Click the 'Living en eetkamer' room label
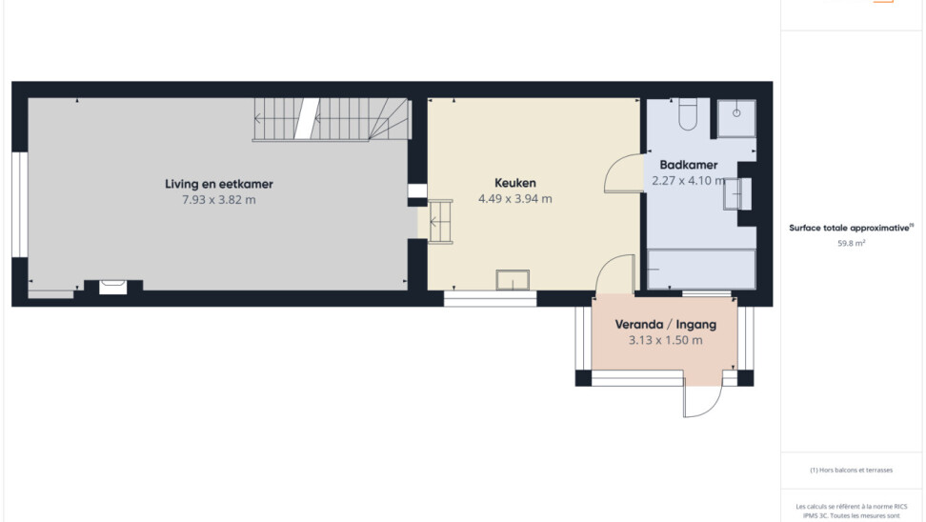tap(218, 184)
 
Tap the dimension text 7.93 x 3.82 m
tap(218, 200)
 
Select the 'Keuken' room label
tap(515, 183)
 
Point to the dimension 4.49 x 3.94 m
tap(515, 199)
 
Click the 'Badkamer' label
tap(689, 166)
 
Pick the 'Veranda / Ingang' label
tap(666, 324)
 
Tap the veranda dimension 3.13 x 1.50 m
tap(666, 340)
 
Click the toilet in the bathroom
tap(688, 114)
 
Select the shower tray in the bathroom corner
tap(736, 118)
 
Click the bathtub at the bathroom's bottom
tap(701, 270)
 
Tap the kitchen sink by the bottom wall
tap(513, 280)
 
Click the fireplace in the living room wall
tap(112, 287)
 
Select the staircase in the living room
tap(332, 119)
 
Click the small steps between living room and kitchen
tap(440, 222)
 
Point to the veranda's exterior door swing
tap(713, 408)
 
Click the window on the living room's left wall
tap(20, 205)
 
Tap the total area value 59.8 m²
tap(851, 243)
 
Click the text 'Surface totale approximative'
tap(849, 228)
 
